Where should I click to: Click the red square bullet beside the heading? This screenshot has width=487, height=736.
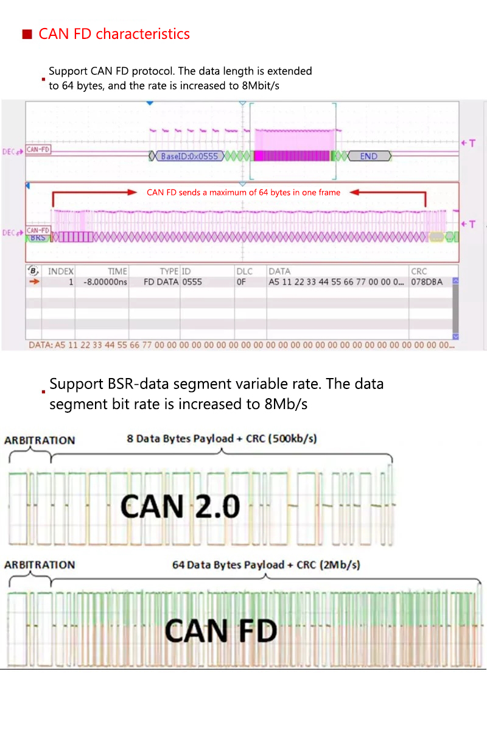[x=27, y=35]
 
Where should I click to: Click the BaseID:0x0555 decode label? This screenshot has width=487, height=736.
[x=189, y=156]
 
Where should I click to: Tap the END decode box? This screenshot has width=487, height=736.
[x=368, y=156]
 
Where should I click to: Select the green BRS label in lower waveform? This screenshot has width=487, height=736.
[x=37, y=237]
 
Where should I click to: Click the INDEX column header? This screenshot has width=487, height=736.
[x=61, y=271]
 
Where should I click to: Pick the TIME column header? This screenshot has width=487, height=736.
[x=117, y=271]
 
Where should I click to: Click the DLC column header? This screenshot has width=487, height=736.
[x=244, y=271]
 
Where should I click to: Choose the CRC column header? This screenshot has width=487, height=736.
[x=419, y=271]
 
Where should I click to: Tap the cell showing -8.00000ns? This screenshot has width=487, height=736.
[x=102, y=282]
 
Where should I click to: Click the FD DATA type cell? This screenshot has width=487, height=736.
[x=161, y=282]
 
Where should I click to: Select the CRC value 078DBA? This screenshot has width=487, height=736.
[x=427, y=282]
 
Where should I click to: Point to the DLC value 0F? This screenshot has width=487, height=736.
[x=241, y=282]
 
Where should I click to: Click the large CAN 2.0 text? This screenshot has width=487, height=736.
[x=180, y=506]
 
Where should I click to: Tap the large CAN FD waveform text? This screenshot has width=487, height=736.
[x=221, y=631]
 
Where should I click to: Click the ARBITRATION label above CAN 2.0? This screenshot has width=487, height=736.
[x=40, y=440]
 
